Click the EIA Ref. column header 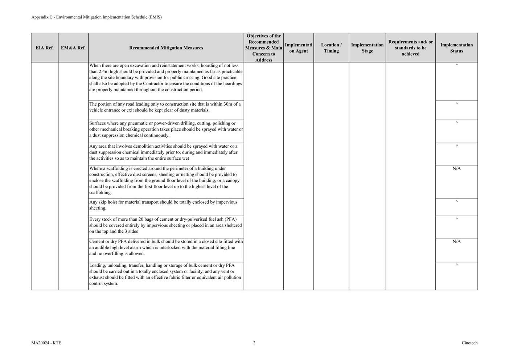click(x=45, y=48)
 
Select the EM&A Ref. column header click(x=73, y=48)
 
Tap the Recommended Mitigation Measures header click(x=166, y=48)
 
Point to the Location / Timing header click(x=331, y=48)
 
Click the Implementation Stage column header click(x=367, y=48)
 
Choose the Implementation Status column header click(x=456, y=48)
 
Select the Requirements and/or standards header click(x=411, y=48)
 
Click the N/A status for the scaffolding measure click(x=456, y=169)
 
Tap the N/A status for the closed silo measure click(x=456, y=242)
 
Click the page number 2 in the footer click(x=254, y=343)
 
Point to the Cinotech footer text click(x=469, y=343)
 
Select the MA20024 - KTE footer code click(x=46, y=343)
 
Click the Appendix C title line click(x=97, y=17)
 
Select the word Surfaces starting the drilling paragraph click(x=98, y=123)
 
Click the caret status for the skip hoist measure click(x=456, y=202)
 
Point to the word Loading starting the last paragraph click(x=97, y=266)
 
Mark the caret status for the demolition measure click(x=456, y=146)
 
